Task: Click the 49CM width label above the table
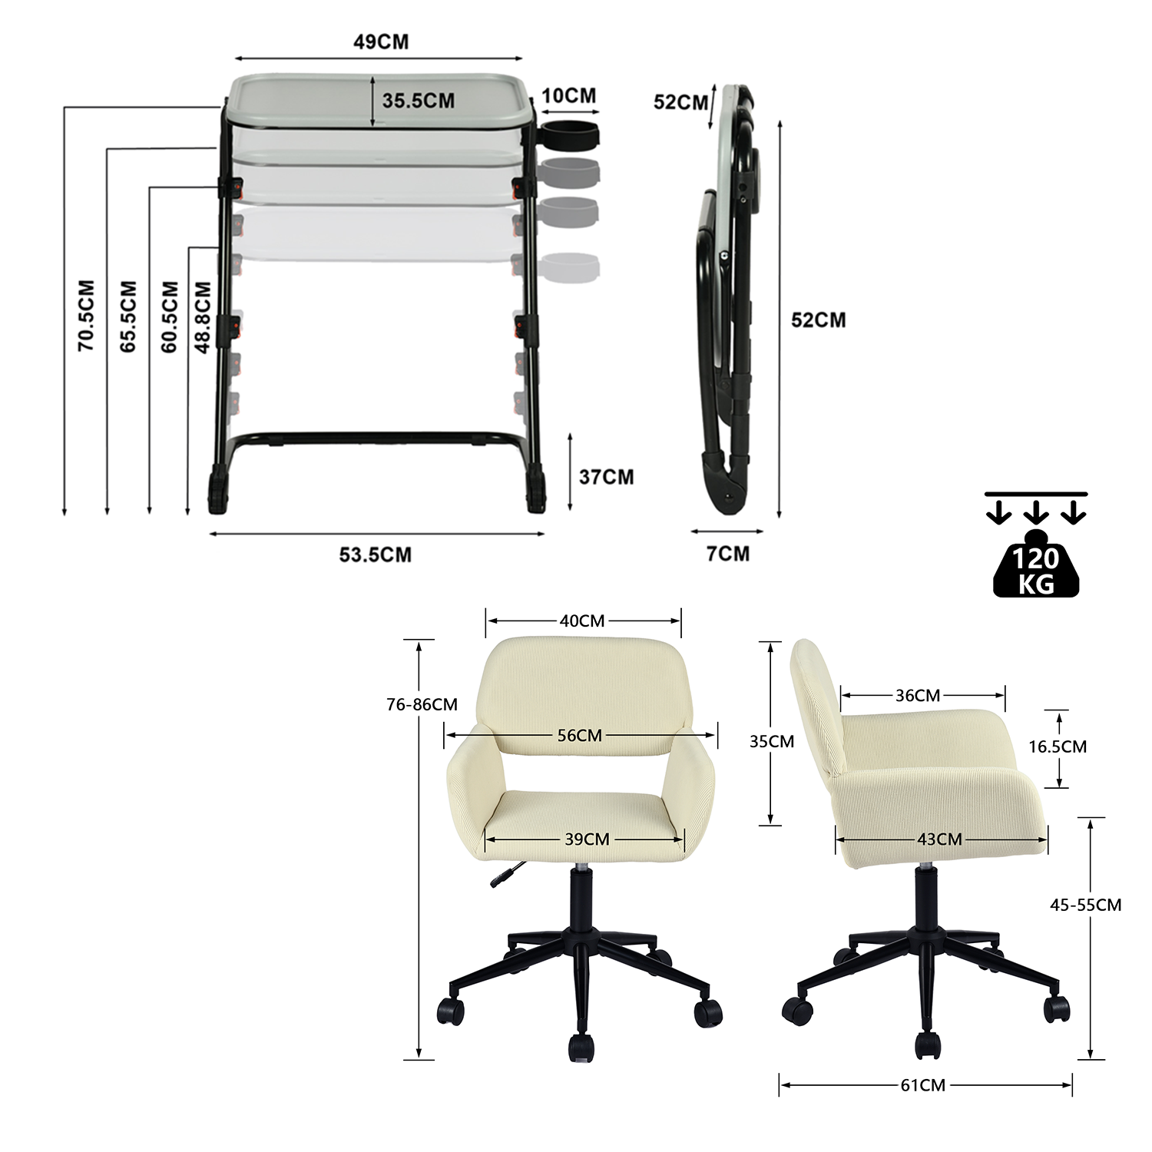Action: tap(381, 41)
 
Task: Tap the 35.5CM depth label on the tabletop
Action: tap(419, 101)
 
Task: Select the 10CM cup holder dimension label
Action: tap(569, 96)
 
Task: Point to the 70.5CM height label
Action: tap(86, 316)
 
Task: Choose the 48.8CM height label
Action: tap(203, 317)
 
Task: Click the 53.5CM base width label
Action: tap(376, 554)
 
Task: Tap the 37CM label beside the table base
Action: tap(607, 477)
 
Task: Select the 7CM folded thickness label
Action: tap(728, 554)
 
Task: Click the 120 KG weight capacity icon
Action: tap(1036, 563)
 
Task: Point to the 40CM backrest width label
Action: tap(582, 621)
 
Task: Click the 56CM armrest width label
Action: tap(580, 736)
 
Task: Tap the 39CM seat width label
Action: tap(587, 839)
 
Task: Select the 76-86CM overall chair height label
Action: tap(422, 704)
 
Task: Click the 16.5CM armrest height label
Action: tap(1058, 746)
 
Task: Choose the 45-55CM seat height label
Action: tap(1085, 905)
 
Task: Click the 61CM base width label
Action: tap(923, 1085)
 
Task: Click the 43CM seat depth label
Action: tap(939, 839)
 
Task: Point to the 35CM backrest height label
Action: tap(772, 742)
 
